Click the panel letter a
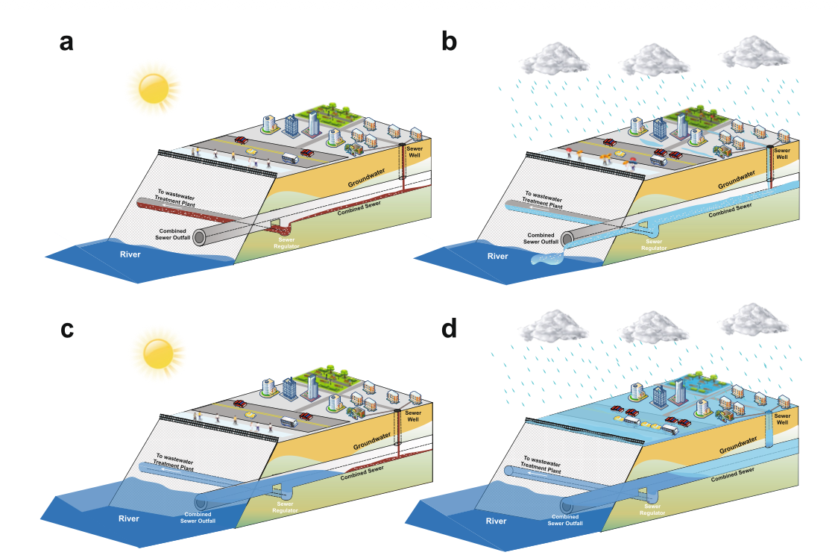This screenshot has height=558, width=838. click(66, 43)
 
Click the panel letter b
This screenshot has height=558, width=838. click(449, 41)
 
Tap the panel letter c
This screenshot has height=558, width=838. click(67, 329)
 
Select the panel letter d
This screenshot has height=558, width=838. click(449, 327)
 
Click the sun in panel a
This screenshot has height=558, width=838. click(154, 88)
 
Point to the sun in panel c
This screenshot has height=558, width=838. click(159, 354)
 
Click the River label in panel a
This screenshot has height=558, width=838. click(130, 254)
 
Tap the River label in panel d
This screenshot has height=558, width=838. click(496, 521)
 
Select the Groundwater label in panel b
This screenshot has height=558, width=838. click(737, 179)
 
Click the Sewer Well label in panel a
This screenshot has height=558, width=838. click(415, 152)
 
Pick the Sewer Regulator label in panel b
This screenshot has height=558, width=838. click(654, 245)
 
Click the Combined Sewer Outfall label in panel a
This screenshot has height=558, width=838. click(173, 234)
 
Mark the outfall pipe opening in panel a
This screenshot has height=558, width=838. click(199, 237)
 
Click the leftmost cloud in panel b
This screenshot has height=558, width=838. click(554, 59)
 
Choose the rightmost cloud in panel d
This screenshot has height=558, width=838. click(754, 319)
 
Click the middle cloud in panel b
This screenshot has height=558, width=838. click(655, 60)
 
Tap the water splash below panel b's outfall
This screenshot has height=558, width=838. click(548, 260)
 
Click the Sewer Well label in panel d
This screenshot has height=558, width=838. click(782, 419)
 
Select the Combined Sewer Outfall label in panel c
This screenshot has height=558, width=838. click(198, 517)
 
